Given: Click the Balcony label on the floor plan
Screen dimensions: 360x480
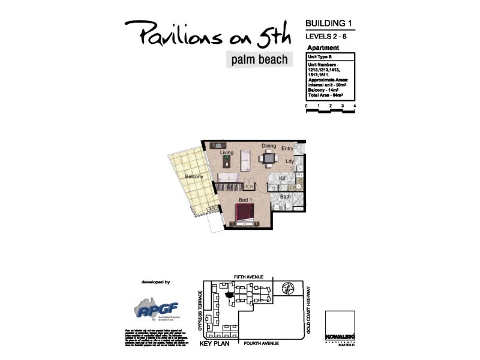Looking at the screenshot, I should [194, 176].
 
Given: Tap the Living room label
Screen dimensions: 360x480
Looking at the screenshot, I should [226, 153].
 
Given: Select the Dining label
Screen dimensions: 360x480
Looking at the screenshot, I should [268, 146].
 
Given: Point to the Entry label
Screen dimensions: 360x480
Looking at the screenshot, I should [287, 148].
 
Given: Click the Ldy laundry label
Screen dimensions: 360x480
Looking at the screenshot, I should [289, 161].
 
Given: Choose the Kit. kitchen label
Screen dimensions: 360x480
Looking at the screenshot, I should [283, 179].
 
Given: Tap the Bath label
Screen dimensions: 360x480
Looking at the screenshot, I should [286, 196].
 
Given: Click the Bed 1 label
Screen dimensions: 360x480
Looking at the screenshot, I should [245, 199].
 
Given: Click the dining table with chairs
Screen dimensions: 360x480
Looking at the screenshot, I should [268, 158].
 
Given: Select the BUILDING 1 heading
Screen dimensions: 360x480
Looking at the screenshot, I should [328, 23].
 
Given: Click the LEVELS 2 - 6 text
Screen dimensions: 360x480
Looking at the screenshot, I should [327, 37].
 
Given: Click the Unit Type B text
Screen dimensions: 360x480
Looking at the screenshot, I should [322, 56].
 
